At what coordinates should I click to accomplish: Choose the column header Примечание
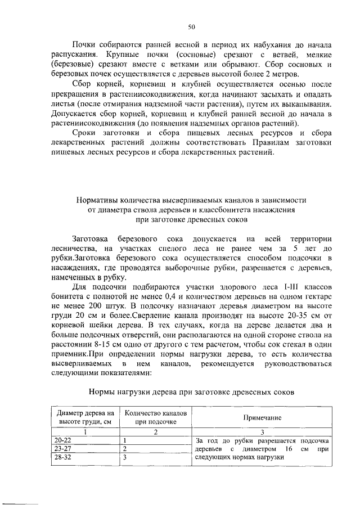click(x=262, y=418)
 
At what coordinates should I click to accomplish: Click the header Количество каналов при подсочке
click(x=156, y=417)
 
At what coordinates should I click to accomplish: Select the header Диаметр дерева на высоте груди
click(x=85, y=417)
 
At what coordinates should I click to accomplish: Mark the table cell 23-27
click(x=59, y=449)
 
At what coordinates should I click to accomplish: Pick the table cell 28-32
click(x=59, y=457)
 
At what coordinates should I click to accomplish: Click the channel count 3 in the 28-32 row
click(x=124, y=457)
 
